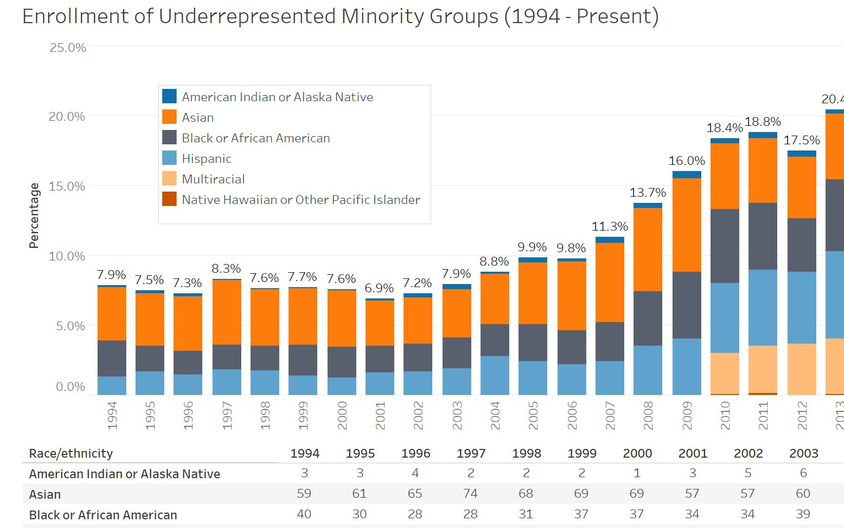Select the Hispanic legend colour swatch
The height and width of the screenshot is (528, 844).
point(169,158)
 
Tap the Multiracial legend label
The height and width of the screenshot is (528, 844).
point(213,179)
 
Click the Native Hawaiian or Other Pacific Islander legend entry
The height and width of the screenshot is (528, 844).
point(301,200)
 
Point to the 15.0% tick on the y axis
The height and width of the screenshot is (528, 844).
point(67,186)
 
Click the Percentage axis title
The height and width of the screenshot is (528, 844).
point(34,216)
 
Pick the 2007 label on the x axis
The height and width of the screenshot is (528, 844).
point(610,416)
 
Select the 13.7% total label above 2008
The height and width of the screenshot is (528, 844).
point(647,193)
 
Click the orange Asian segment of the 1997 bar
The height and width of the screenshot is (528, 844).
point(226,312)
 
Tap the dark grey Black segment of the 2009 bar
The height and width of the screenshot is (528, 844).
point(686,305)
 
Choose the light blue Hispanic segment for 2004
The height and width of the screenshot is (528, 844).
point(494,375)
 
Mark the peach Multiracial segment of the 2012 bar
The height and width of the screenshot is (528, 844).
point(801,369)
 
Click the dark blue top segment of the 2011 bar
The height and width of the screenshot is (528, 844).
point(763,135)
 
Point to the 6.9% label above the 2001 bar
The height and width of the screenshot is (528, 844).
point(379,288)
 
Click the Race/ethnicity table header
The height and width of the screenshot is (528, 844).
point(71,454)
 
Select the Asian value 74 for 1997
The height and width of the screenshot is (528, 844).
point(470,494)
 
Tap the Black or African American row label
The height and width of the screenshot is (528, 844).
point(103,515)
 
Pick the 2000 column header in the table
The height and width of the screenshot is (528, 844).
point(637,454)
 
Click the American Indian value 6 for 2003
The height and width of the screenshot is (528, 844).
point(803,473)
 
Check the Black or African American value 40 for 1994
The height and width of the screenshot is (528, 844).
point(304,514)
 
